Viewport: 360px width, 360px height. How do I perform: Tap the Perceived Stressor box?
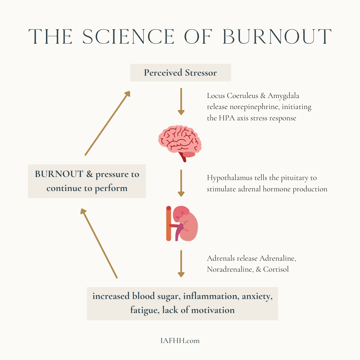pos(180,73)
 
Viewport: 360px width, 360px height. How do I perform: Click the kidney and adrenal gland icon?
pos(182,223)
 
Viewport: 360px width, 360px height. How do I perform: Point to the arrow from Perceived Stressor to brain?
pos(181,101)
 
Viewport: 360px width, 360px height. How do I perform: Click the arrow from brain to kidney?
pos(181,183)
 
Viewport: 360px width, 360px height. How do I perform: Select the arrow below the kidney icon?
pos(181,263)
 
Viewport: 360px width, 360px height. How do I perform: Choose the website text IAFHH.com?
pos(180,341)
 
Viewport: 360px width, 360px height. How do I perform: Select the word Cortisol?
pos(276,269)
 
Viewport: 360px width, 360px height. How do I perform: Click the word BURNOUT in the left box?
pos(59,174)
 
